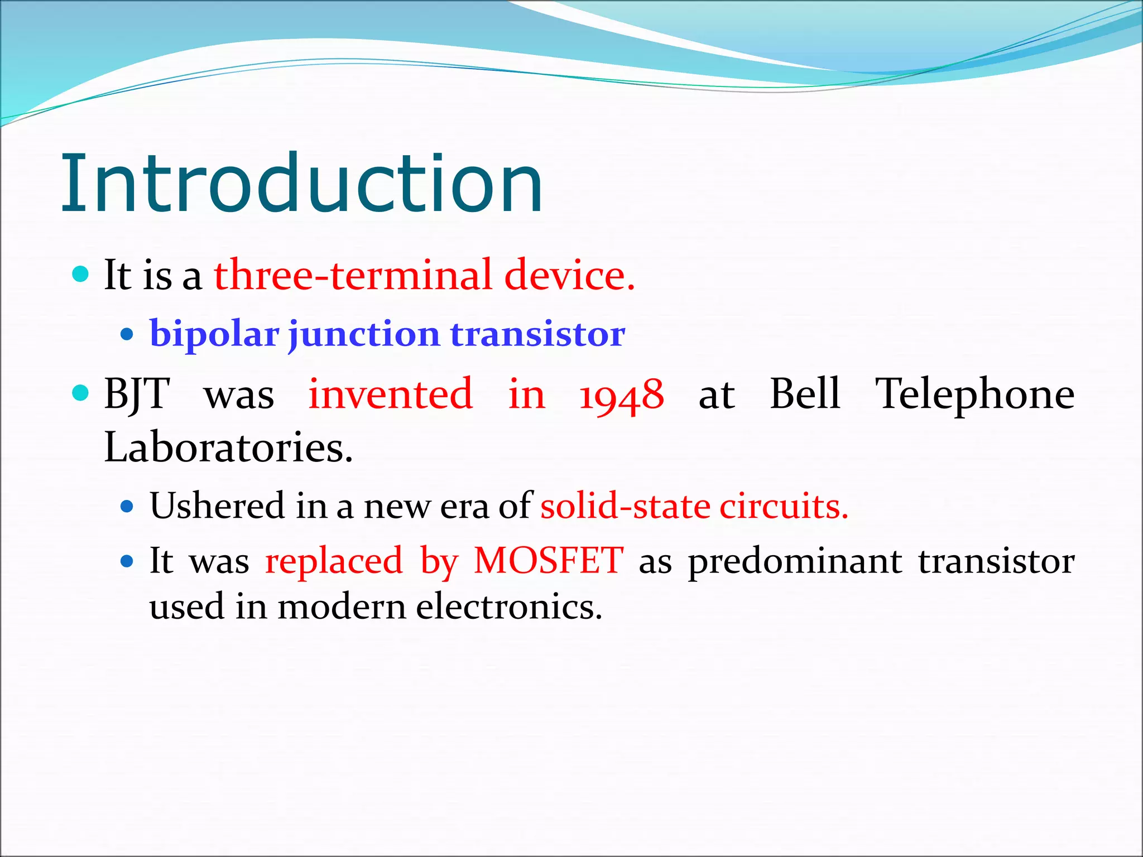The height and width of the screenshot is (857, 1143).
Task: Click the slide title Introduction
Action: [x=301, y=184]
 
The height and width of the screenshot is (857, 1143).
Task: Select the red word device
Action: [x=569, y=275]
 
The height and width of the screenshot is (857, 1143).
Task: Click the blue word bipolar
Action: [x=214, y=335]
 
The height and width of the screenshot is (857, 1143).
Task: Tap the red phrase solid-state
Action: [x=625, y=506]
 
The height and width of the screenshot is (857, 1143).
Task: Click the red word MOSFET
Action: [x=548, y=560]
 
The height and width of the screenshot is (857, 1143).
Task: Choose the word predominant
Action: [x=795, y=561]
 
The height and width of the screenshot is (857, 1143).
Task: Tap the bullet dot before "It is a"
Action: [x=81, y=274]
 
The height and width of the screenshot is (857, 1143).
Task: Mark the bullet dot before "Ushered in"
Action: [x=127, y=507]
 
